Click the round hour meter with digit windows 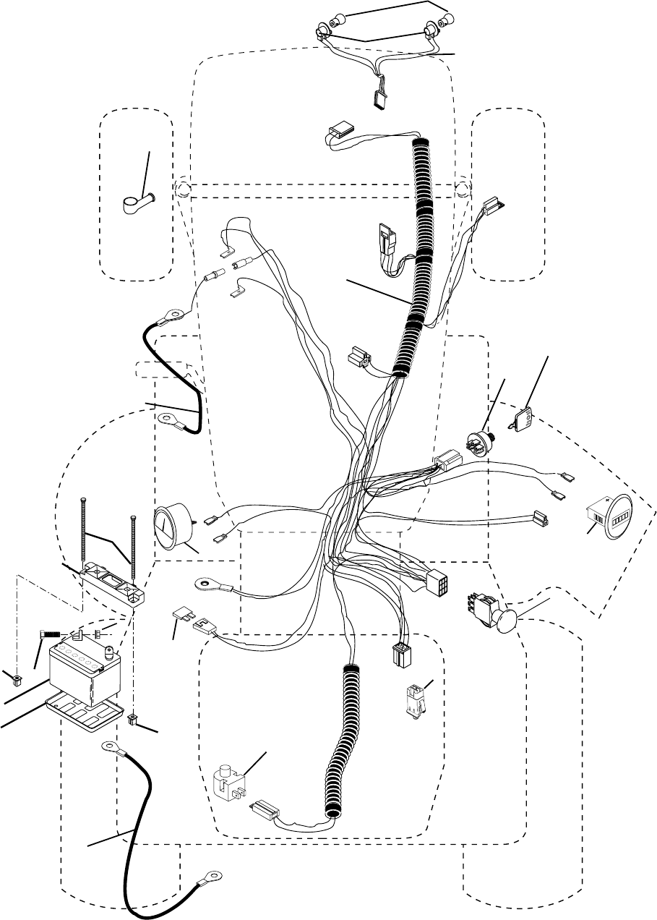611,518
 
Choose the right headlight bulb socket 434,29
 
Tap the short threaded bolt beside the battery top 51,634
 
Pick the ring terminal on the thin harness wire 205,583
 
